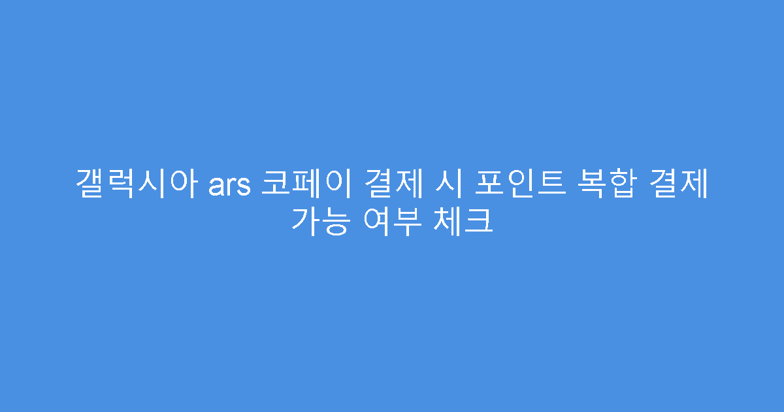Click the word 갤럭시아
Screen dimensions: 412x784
point(138,184)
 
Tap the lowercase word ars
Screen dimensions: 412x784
point(230,186)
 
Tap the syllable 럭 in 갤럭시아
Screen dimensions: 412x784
point(123,184)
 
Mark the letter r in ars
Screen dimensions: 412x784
point(231,187)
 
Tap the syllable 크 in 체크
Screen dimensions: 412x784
point(479,222)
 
